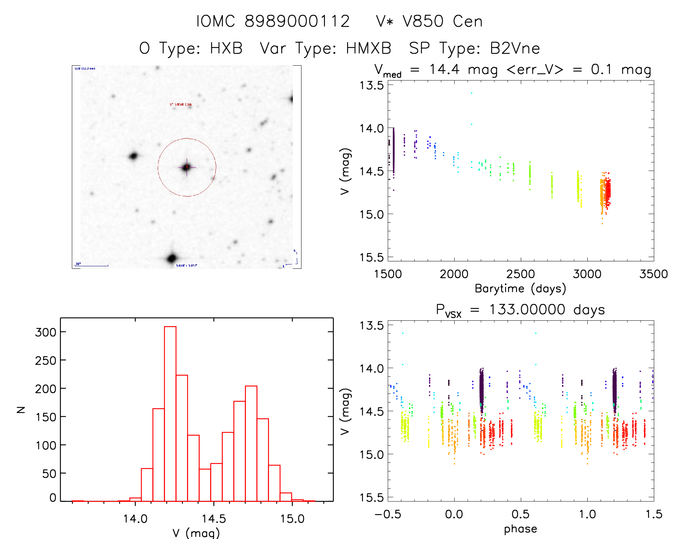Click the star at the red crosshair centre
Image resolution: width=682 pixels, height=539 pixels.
pos(187,167)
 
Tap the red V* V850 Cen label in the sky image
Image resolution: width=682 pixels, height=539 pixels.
pos(181,105)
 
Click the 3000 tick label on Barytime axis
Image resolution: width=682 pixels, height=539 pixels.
pos(587,274)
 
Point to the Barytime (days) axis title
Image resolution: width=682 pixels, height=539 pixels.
pos(520,289)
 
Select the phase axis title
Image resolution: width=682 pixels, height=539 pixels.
pos(520,529)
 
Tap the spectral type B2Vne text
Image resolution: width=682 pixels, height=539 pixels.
pos(515,48)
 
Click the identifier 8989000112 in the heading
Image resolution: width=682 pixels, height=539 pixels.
pos(297,21)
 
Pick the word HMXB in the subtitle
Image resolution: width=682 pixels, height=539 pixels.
pos(369,48)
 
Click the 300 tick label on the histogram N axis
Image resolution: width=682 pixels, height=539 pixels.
pos(46,332)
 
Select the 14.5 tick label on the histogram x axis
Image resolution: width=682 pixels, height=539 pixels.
pos(214,519)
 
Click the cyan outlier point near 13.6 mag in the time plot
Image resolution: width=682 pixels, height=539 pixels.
pos(471,93)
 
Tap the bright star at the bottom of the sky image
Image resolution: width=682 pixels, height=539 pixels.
pos(172,258)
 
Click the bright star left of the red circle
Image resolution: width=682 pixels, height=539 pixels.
pos(134,156)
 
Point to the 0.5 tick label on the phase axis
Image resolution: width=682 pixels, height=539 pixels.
pos(520,514)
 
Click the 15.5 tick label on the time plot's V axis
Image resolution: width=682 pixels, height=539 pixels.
pos(371,257)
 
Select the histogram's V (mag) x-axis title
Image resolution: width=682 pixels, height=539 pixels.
pos(196,533)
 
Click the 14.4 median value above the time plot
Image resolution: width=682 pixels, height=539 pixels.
pos(444,69)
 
